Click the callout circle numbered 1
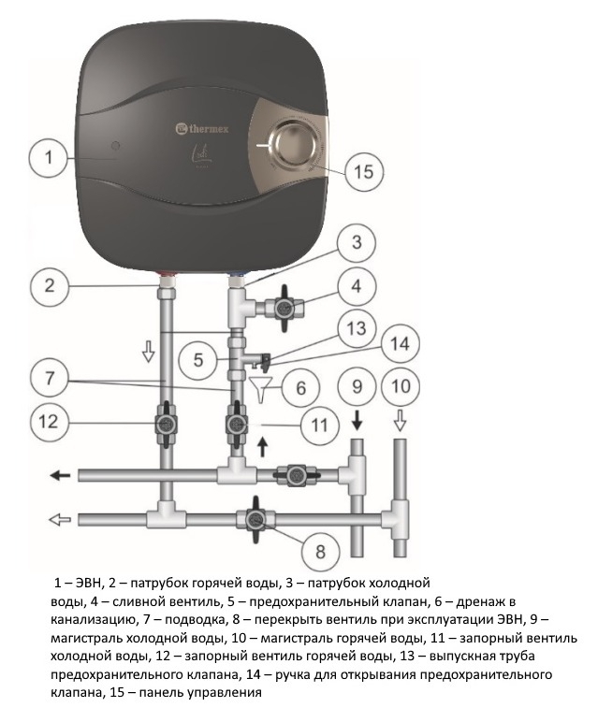coord(49,157)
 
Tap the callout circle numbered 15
coord(363,172)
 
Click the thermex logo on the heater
coord(202,129)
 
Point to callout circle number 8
coord(321,551)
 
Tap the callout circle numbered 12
coord(49,421)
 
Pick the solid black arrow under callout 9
coord(357,421)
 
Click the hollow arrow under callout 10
coord(400,421)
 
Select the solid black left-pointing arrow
coord(60,475)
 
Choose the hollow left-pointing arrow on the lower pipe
coord(60,520)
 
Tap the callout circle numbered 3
coord(357,242)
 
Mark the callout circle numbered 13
coord(357,328)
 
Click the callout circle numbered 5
coord(198,360)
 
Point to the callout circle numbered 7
coord(49,378)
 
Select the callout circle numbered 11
coord(320,425)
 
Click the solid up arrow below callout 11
coord(262,447)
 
